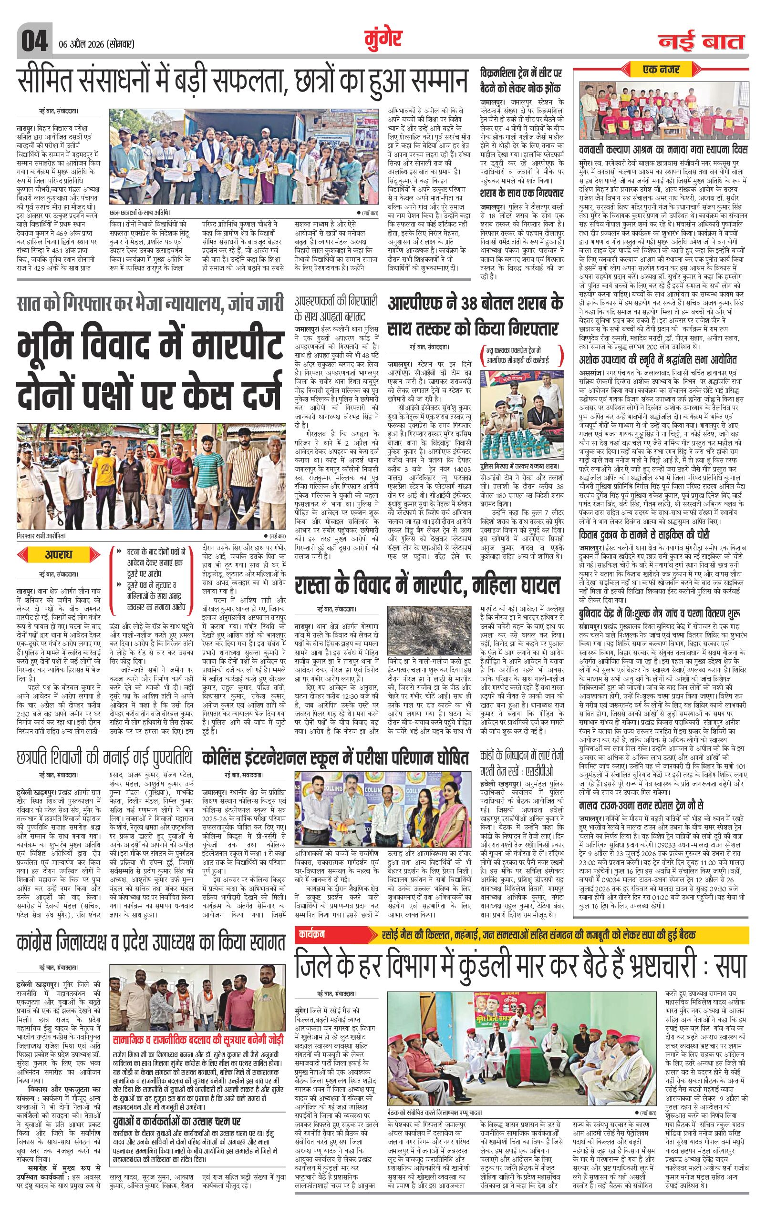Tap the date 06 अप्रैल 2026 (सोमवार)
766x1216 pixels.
pyautogui.click(x=93, y=43)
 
